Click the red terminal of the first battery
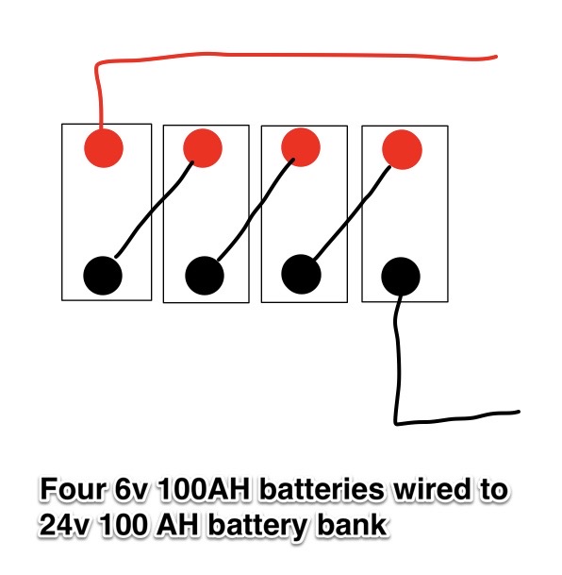pos(104,146)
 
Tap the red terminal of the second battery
pos(202,148)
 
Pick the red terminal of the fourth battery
pos(402,148)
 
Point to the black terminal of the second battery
pos(205,275)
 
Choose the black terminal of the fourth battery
pos(400,276)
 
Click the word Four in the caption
pos(70,491)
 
